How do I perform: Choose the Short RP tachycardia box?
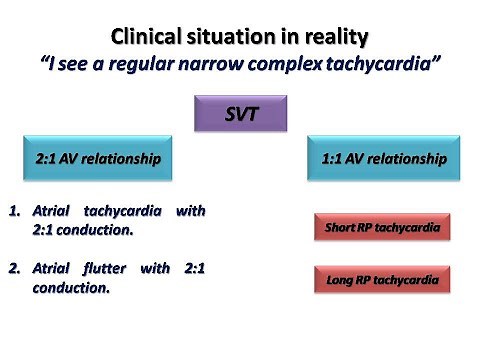click(x=381, y=228)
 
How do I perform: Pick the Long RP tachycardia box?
click(x=381, y=279)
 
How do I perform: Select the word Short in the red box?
click(x=344, y=228)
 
